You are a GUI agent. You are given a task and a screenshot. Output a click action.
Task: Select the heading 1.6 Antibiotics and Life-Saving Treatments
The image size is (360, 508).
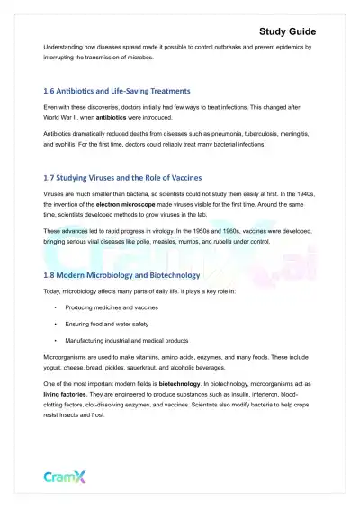(x=117, y=91)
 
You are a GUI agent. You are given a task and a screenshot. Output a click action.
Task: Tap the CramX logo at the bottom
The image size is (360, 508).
(x=66, y=477)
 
